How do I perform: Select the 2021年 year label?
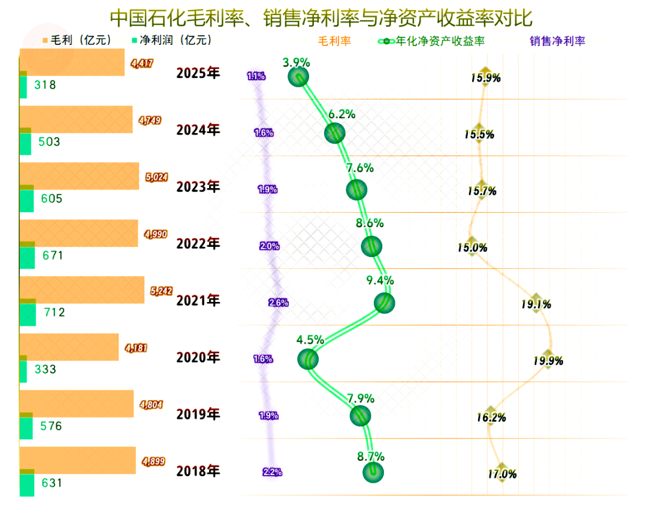[198, 301]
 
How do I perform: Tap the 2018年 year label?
[198, 471]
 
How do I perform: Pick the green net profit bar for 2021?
[27, 312]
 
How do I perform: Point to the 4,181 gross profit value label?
[135, 347]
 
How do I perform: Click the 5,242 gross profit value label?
[161, 291]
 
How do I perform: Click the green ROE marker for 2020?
[308, 359]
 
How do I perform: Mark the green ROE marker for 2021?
[384, 303]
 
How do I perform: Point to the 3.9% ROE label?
[297, 62]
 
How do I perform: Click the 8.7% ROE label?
[370, 456]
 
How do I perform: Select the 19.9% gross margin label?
[548, 361]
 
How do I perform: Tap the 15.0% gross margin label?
[473, 247]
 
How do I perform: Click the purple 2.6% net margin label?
[279, 303]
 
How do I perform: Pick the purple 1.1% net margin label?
[256, 76]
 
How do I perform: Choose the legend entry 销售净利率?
[557, 41]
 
